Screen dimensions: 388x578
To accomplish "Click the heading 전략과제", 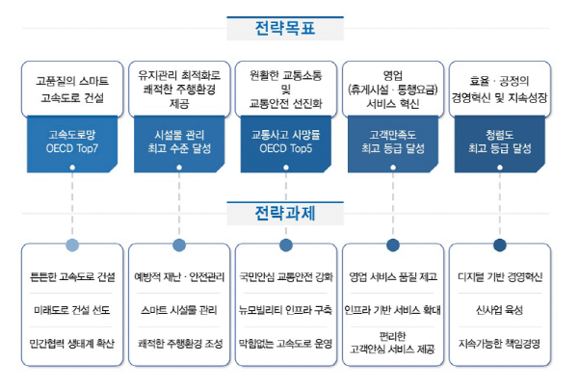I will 288,210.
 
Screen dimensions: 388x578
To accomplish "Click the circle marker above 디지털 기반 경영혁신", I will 500,246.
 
